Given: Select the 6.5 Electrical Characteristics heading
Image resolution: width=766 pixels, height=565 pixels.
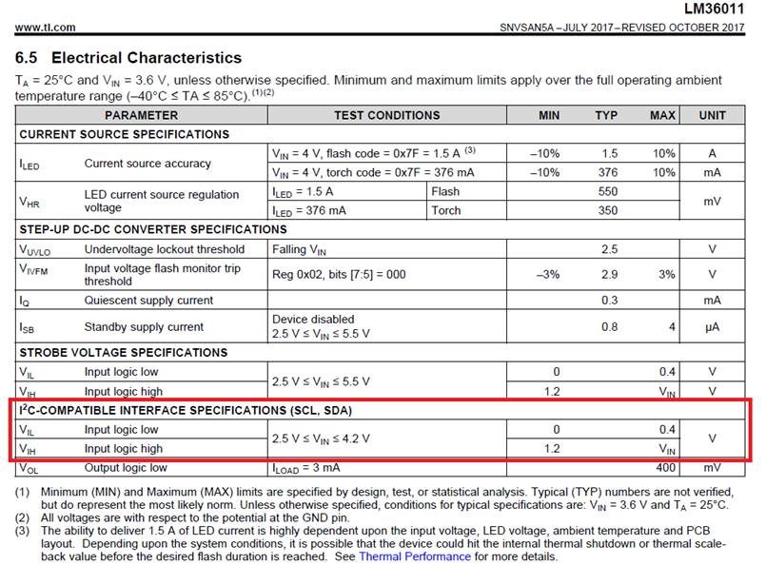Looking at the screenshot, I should (x=128, y=58).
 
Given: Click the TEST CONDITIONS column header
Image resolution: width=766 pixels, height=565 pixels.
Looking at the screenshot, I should (x=386, y=115).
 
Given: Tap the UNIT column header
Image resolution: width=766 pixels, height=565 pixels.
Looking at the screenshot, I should (x=712, y=115).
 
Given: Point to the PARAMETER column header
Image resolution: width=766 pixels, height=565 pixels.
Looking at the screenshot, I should (x=141, y=115).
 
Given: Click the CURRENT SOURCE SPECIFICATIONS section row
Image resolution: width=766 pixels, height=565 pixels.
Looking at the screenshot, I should (x=124, y=134).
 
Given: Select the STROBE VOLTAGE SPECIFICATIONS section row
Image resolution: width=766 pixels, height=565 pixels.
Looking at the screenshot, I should (x=126, y=352).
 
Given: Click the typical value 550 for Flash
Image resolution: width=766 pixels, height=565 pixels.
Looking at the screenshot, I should (x=606, y=191).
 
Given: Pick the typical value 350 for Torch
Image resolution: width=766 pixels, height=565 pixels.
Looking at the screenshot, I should (x=606, y=210).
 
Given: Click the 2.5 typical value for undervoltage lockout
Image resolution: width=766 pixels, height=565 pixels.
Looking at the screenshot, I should (x=608, y=249).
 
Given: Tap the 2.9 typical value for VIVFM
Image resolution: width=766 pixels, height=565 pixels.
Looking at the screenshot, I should (x=608, y=274).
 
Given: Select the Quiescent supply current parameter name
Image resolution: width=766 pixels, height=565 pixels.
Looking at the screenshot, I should (x=148, y=301).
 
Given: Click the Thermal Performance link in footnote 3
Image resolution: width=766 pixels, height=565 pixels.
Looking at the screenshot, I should (x=414, y=555).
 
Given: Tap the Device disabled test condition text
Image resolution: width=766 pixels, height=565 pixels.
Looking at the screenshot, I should (x=313, y=319).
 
